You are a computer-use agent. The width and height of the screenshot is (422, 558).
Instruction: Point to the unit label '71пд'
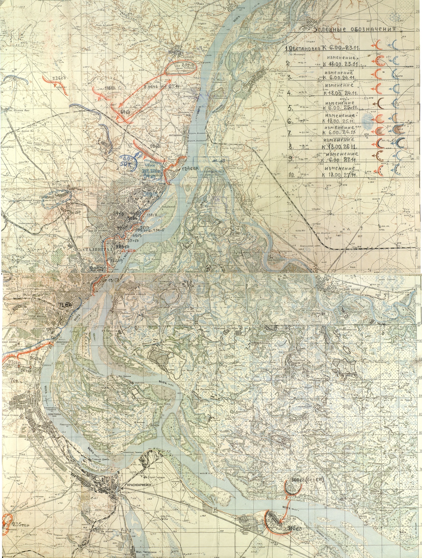(x=64, y=304)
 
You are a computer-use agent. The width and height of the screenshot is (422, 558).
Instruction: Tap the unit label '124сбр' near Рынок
(x=188, y=168)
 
